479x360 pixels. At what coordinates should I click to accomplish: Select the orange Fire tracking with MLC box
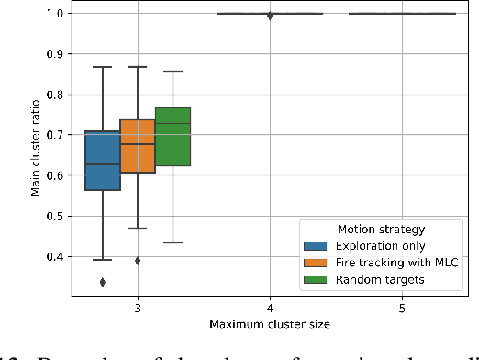click(x=138, y=146)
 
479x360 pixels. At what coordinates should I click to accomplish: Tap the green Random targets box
click(x=173, y=137)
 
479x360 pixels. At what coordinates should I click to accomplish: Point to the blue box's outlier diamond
click(x=103, y=282)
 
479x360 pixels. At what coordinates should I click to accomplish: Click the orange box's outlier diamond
click(x=138, y=260)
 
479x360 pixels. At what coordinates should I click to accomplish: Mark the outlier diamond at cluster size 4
click(x=270, y=16)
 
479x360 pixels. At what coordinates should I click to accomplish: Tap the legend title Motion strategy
click(x=380, y=230)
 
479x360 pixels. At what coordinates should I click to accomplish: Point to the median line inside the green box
click(x=173, y=123)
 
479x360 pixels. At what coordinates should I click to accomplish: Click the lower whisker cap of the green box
click(x=173, y=242)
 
